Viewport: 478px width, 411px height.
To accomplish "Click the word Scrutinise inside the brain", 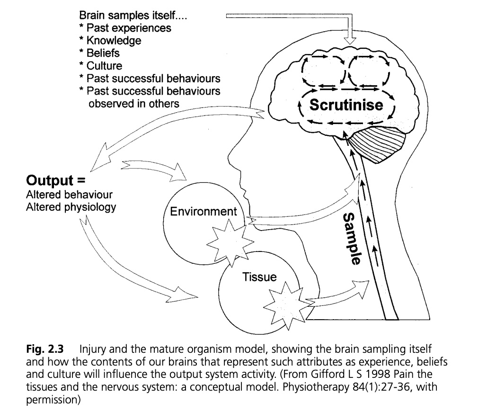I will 346,105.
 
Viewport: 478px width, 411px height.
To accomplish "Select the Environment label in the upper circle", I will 204,211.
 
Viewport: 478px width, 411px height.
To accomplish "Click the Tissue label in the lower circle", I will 259,277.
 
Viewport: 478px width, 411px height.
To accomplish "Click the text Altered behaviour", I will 70,195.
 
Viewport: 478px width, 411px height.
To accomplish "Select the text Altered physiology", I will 71,207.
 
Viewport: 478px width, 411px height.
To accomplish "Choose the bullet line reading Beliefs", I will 102,53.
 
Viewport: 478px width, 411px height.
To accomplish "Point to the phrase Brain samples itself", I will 133,16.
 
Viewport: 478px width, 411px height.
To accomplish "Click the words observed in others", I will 133,103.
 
